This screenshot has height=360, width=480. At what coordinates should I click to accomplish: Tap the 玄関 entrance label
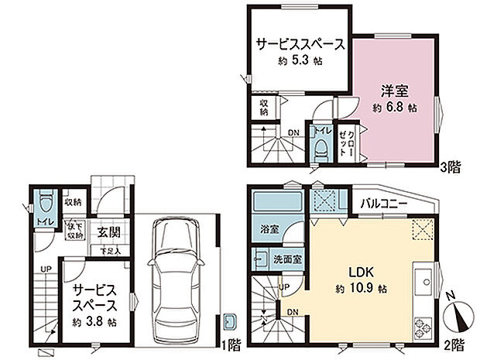point(108,231)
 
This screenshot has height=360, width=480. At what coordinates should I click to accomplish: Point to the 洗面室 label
point(286,257)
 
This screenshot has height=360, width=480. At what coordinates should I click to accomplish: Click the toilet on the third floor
point(318,147)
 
